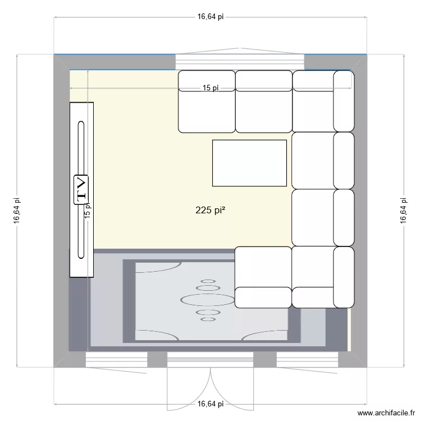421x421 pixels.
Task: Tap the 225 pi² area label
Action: (210, 210)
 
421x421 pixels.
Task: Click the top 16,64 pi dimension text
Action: (210, 17)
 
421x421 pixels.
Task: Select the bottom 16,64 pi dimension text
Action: (210, 404)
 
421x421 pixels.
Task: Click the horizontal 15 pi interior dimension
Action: (210, 88)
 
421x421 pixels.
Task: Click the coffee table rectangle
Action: (249, 163)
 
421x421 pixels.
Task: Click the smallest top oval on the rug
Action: (208, 281)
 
